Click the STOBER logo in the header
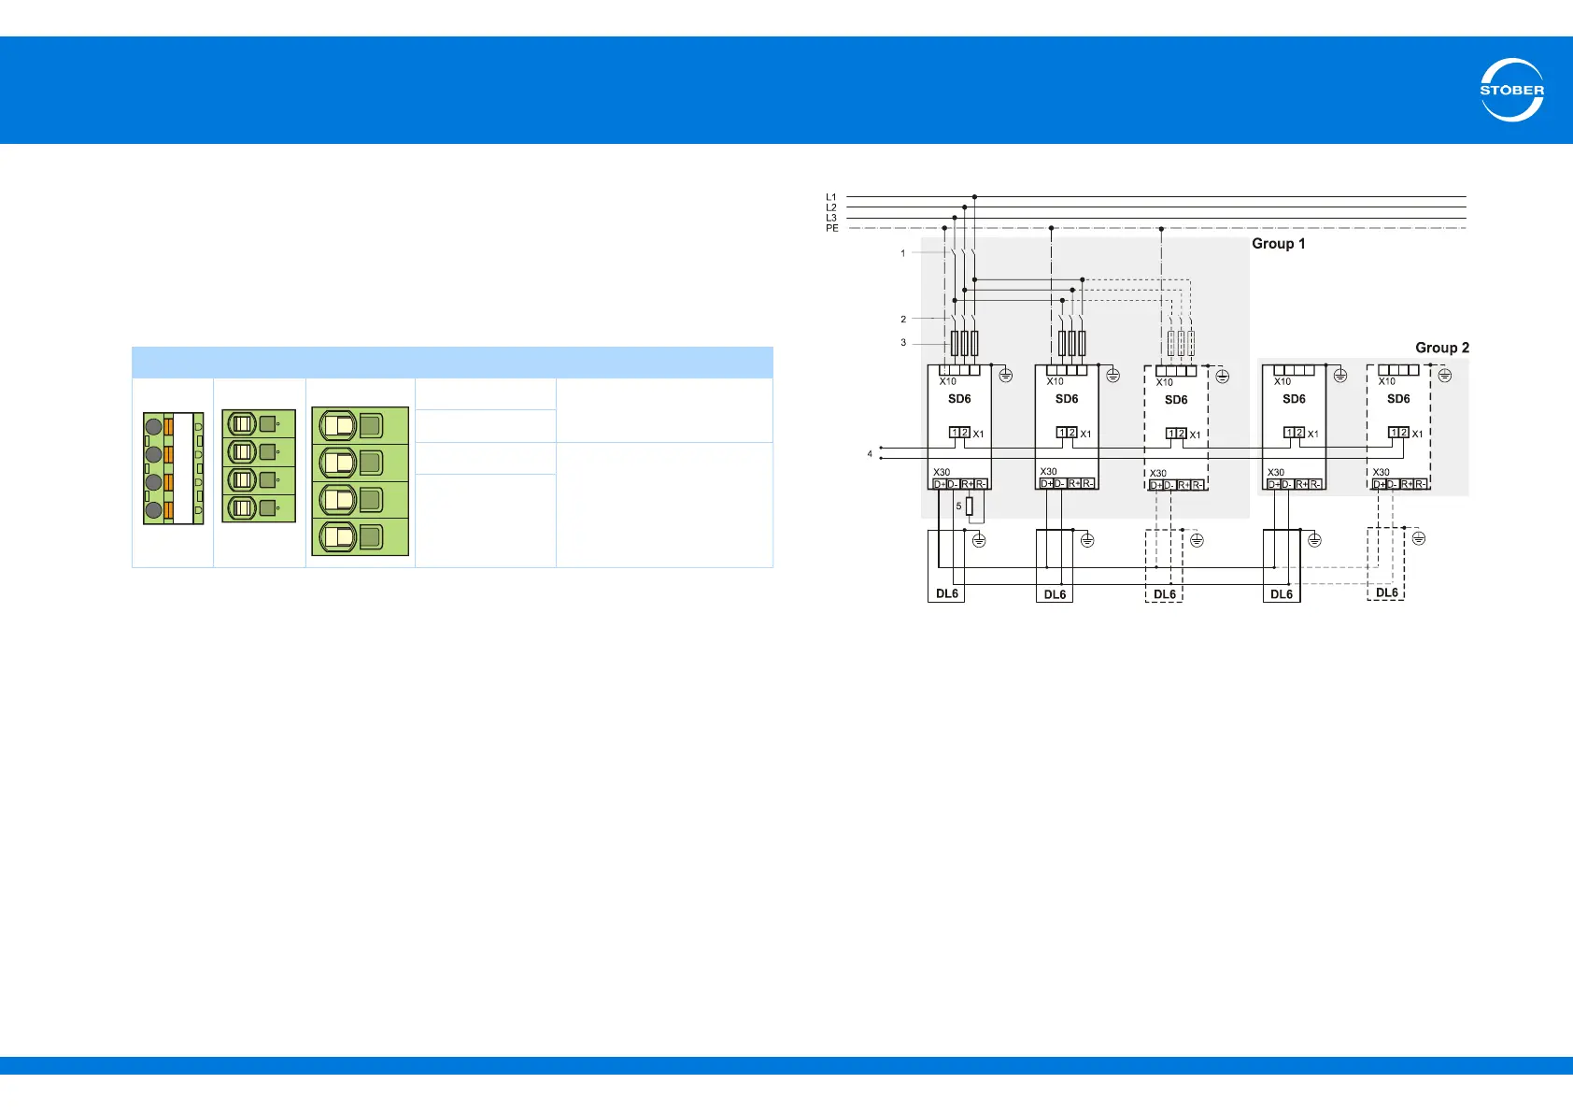tap(1511, 90)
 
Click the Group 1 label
tap(1278, 244)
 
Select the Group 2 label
tap(1441, 348)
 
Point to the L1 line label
tap(831, 197)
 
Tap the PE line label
tap(831, 228)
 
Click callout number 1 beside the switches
tap(902, 253)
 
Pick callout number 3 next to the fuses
tap(902, 343)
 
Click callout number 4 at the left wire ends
tap(870, 454)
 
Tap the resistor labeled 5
tap(970, 506)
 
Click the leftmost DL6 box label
tap(946, 593)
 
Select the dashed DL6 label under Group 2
tap(1386, 592)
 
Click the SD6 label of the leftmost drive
tap(959, 399)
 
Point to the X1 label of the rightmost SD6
tap(1417, 434)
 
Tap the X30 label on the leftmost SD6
tap(942, 472)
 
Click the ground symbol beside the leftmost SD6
tap(1005, 376)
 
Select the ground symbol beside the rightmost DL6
tap(1418, 538)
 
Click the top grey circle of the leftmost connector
tap(153, 427)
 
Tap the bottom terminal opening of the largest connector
tap(338, 537)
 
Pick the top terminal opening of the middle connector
tap(242, 424)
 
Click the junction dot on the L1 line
tap(974, 197)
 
